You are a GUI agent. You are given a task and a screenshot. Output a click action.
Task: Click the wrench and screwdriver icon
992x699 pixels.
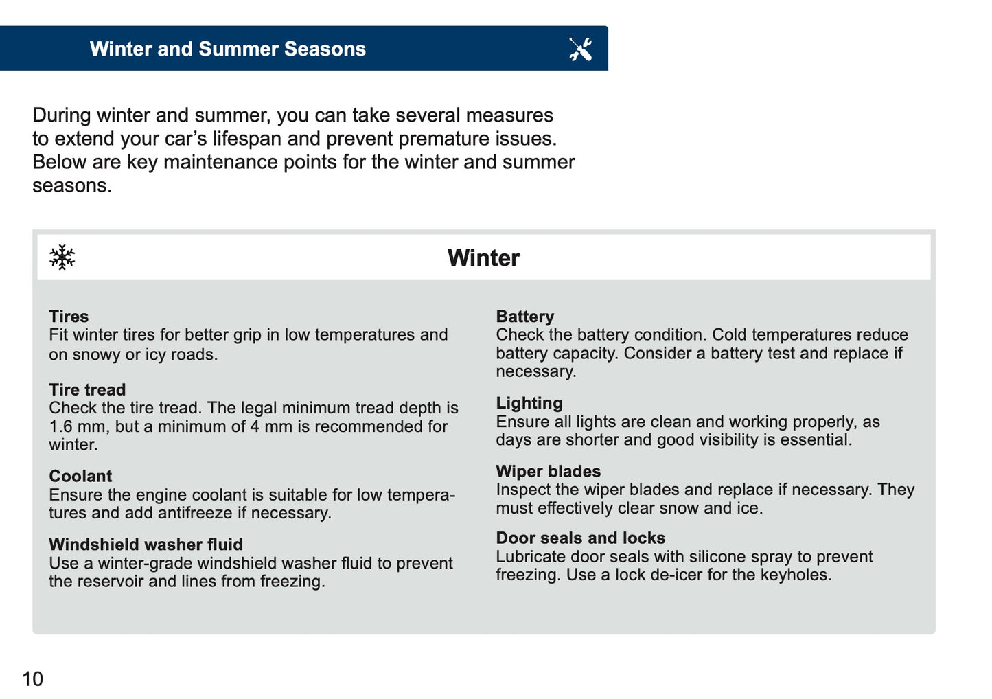(580, 49)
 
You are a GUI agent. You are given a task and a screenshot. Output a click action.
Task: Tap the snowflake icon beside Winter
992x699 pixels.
(62, 257)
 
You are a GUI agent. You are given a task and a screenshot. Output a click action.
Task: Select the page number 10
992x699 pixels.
(32, 678)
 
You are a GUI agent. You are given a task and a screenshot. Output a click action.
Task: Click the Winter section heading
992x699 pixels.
(483, 257)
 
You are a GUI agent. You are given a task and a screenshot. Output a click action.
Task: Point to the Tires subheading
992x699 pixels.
(69, 317)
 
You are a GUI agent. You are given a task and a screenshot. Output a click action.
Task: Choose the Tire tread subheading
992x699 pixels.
(87, 389)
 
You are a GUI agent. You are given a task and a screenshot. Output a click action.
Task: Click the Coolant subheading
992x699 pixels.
(80, 476)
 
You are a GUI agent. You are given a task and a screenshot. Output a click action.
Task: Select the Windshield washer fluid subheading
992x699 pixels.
(146, 545)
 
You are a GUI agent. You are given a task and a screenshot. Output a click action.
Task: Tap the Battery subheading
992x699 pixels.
(524, 317)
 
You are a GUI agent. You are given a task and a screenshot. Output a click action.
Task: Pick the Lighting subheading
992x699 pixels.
(529, 403)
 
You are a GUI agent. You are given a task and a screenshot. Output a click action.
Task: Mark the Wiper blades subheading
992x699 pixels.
(548, 471)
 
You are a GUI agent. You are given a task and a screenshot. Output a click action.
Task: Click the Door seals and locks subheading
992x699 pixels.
(580, 538)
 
